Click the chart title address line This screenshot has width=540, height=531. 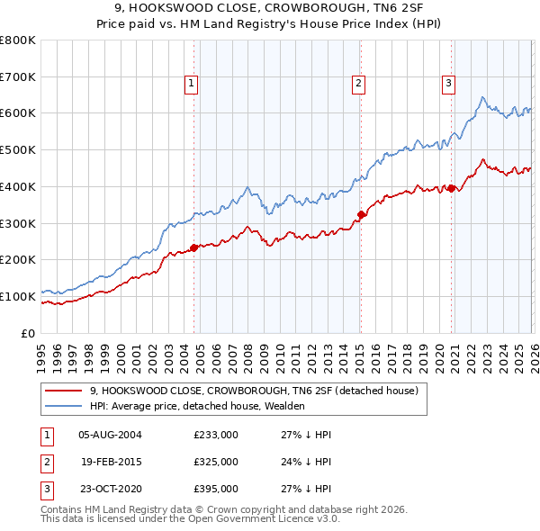click(x=270, y=9)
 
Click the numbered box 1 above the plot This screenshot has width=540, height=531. click(x=193, y=84)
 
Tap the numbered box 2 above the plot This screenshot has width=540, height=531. click(x=358, y=84)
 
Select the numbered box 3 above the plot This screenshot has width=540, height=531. click(x=448, y=84)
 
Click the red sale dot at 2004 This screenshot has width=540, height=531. click(x=193, y=247)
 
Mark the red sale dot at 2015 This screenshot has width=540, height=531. click(x=361, y=214)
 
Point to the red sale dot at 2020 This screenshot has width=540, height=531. click(x=451, y=188)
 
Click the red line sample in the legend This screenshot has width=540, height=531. click(x=63, y=391)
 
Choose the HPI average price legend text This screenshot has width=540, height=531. click(x=197, y=406)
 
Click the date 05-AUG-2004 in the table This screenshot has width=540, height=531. click(x=110, y=435)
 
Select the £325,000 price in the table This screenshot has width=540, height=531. click(x=216, y=462)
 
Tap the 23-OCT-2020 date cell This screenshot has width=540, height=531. click(x=110, y=489)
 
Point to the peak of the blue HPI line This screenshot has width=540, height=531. click(x=482, y=96)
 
